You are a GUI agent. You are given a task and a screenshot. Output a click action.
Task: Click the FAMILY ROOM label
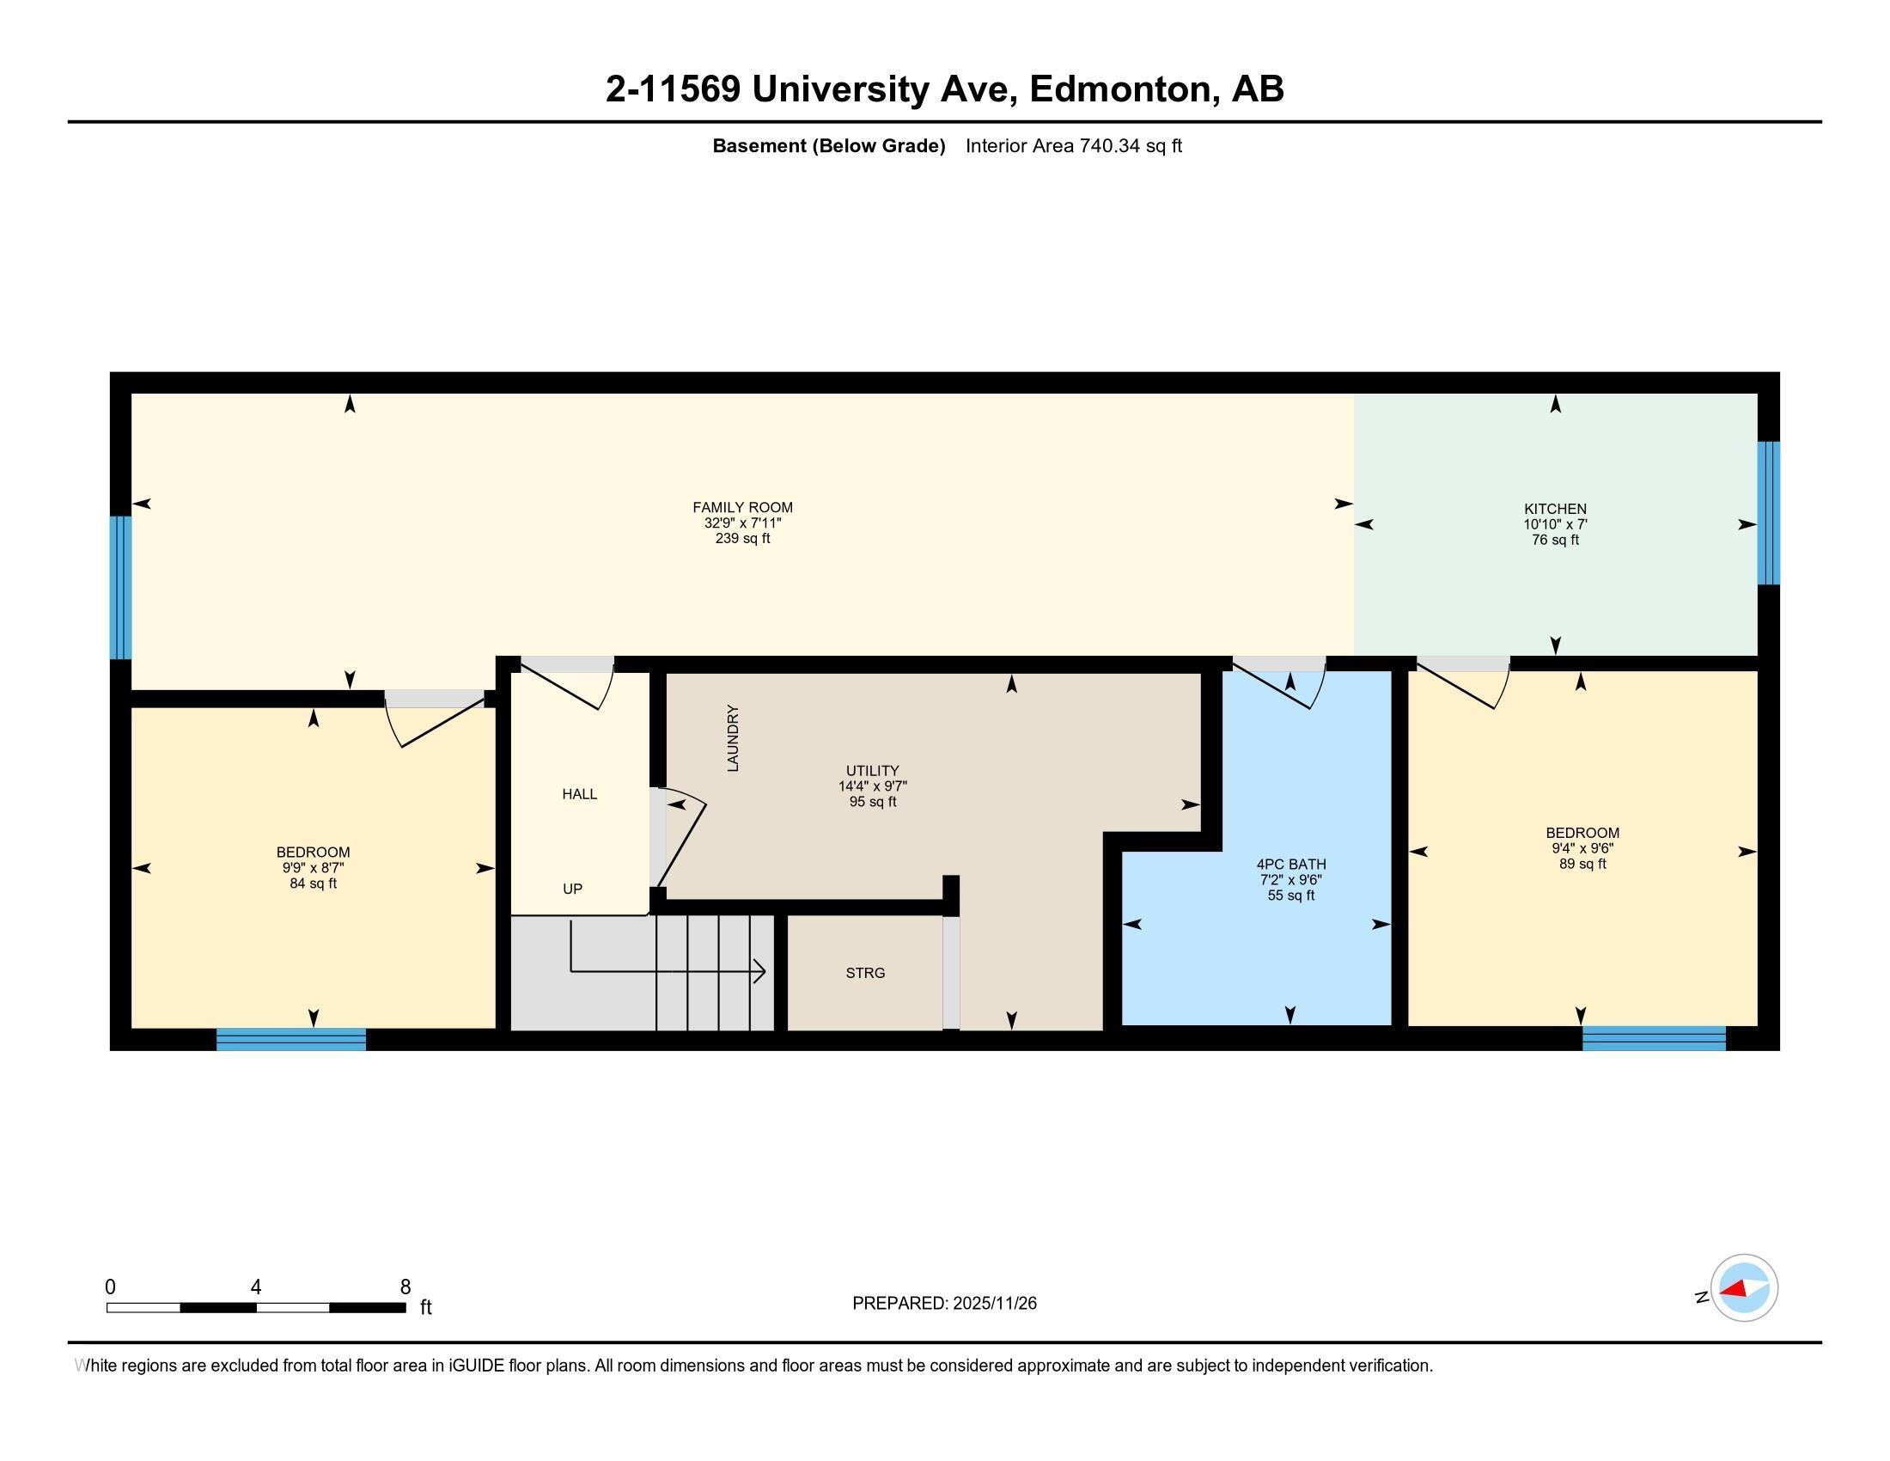[741, 507]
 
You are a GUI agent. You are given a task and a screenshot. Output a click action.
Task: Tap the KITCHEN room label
[1554, 509]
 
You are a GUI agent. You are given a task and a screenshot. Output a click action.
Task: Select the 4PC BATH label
[1290, 864]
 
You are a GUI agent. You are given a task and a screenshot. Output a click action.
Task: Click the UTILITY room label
[872, 770]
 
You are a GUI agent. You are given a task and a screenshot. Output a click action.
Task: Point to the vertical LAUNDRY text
[733, 738]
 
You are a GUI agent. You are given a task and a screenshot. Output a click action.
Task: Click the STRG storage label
[864, 973]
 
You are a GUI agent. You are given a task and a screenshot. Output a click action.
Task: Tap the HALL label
[579, 794]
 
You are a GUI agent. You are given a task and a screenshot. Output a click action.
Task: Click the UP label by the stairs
[572, 889]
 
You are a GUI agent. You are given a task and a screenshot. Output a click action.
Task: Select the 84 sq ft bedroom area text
[313, 883]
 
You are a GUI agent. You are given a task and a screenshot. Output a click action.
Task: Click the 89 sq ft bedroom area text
[1582, 864]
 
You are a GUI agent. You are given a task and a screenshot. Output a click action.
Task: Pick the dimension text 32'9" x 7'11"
[741, 523]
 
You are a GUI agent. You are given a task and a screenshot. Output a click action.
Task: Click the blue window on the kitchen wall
[1768, 513]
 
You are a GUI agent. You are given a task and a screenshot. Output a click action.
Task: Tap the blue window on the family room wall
[120, 588]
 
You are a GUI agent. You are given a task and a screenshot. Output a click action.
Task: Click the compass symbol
[1743, 1287]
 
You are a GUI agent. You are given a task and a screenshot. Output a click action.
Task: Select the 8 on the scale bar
[405, 1287]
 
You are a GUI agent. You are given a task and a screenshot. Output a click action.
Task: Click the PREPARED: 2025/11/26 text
[944, 1303]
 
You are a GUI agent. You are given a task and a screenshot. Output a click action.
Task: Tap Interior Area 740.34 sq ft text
[1073, 145]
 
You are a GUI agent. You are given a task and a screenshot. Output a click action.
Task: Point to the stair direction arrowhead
[759, 971]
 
